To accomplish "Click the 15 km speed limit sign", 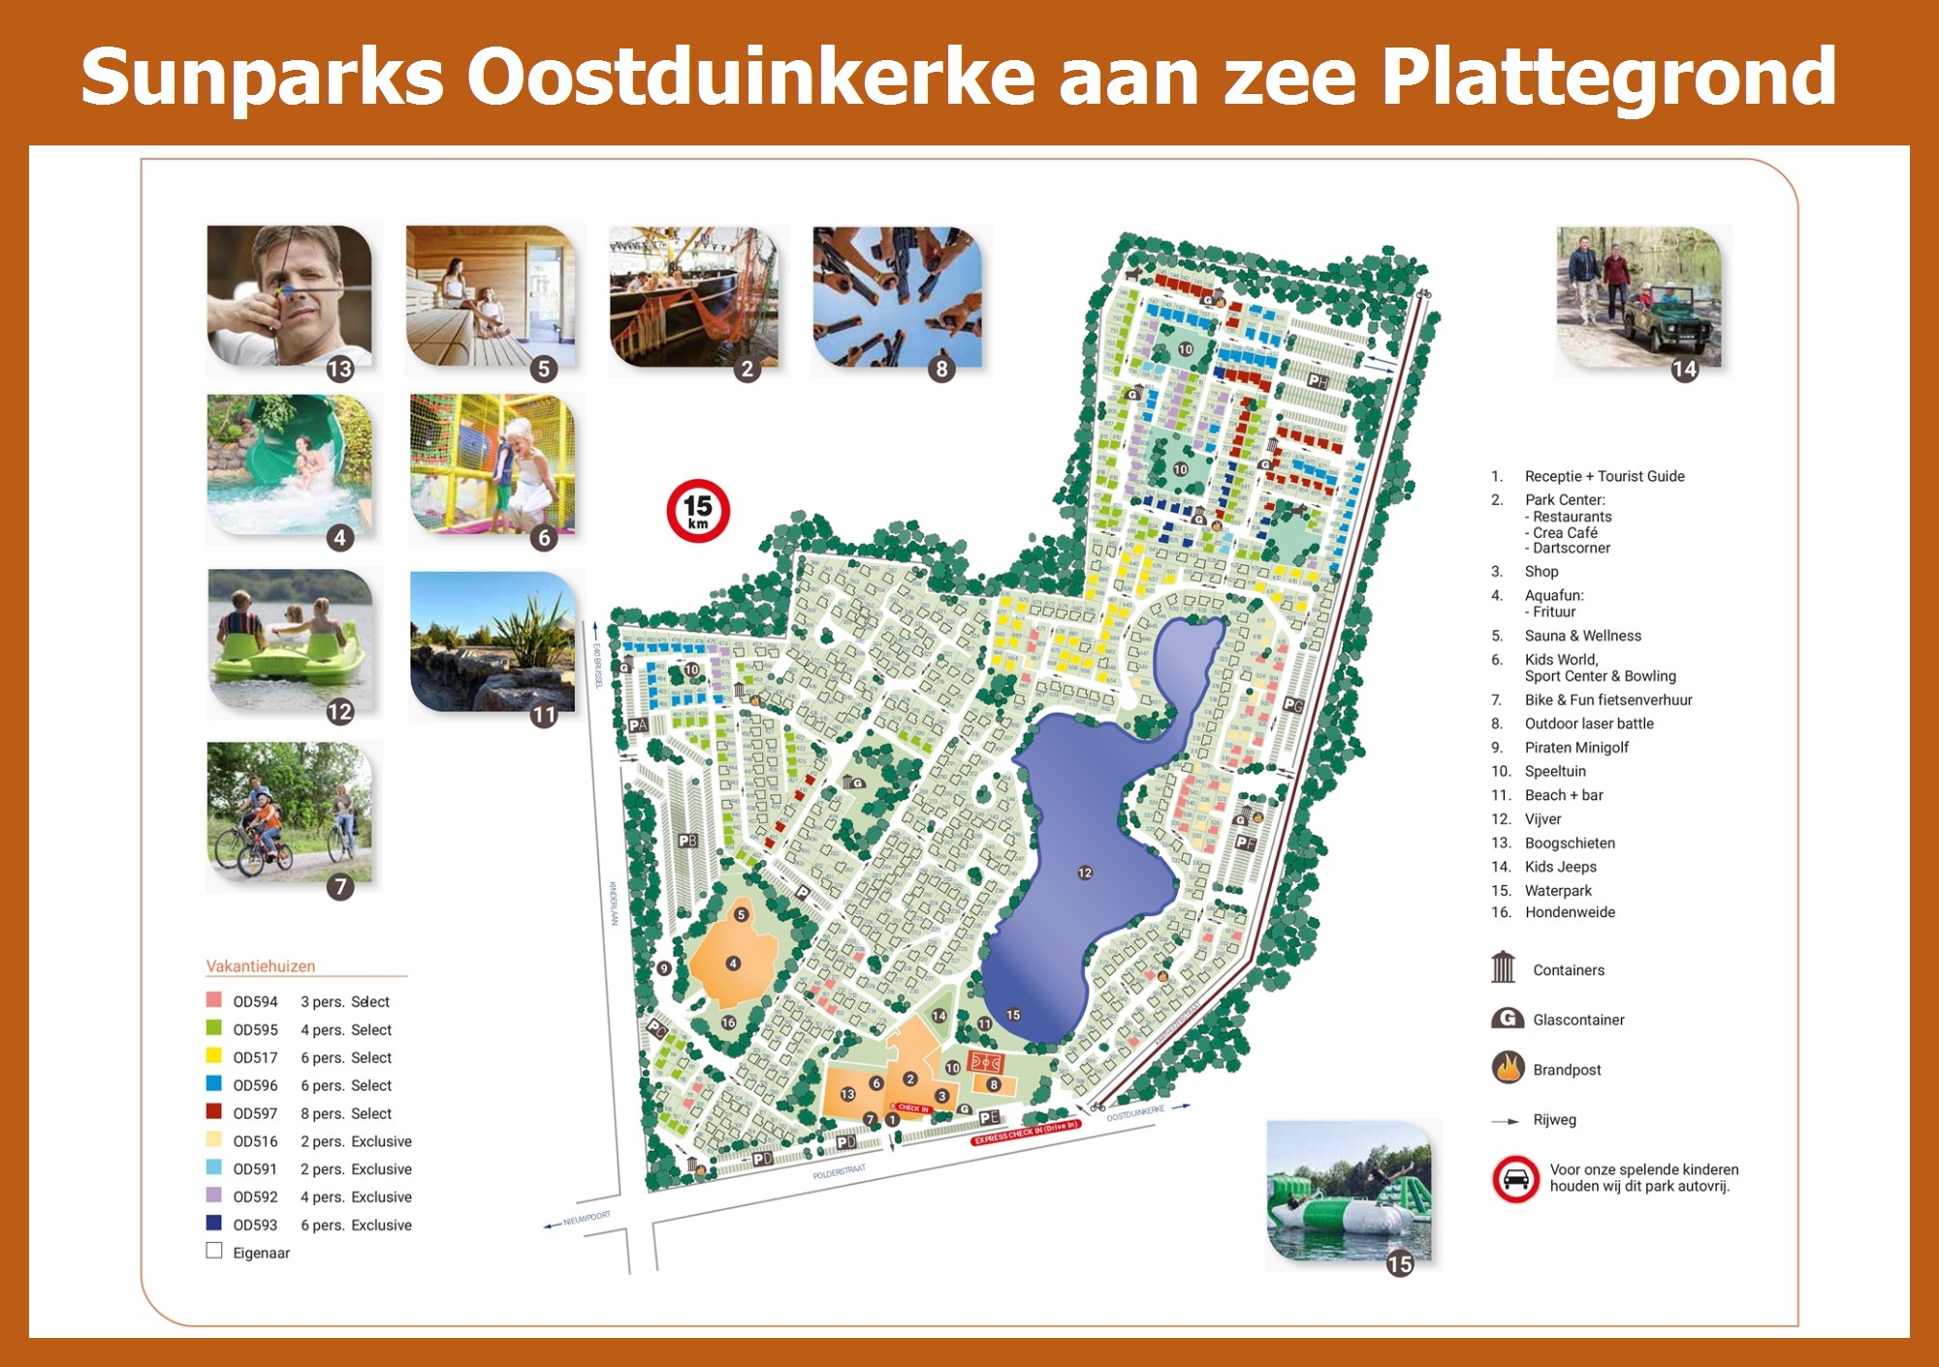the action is pyautogui.click(x=698, y=510).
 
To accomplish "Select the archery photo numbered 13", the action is pyautogui.click(x=289, y=296).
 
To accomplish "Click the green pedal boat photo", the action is pyautogui.click(x=290, y=640).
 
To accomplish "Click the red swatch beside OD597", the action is pyautogui.click(x=214, y=1112).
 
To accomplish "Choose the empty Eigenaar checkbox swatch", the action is pyautogui.click(x=214, y=1251).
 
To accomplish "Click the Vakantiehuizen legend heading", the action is pyautogui.click(x=261, y=966).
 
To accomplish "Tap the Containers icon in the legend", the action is pyautogui.click(x=1504, y=968).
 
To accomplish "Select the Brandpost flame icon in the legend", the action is pyautogui.click(x=1508, y=1068).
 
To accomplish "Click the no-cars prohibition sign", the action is pyautogui.click(x=1516, y=1179).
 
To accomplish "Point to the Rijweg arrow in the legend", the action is pyautogui.click(x=1506, y=1121).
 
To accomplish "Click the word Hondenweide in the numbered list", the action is pyautogui.click(x=1570, y=912).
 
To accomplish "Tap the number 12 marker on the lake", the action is pyautogui.click(x=1085, y=873).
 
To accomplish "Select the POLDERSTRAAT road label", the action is pyautogui.click(x=839, y=1171).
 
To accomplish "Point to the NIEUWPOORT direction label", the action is pyautogui.click(x=586, y=1218).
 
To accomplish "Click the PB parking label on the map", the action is pyautogui.click(x=687, y=841).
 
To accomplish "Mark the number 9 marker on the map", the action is pyautogui.click(x=664, y=968).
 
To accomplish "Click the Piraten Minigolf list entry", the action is pyautogui.click(x=1576, y=747).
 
